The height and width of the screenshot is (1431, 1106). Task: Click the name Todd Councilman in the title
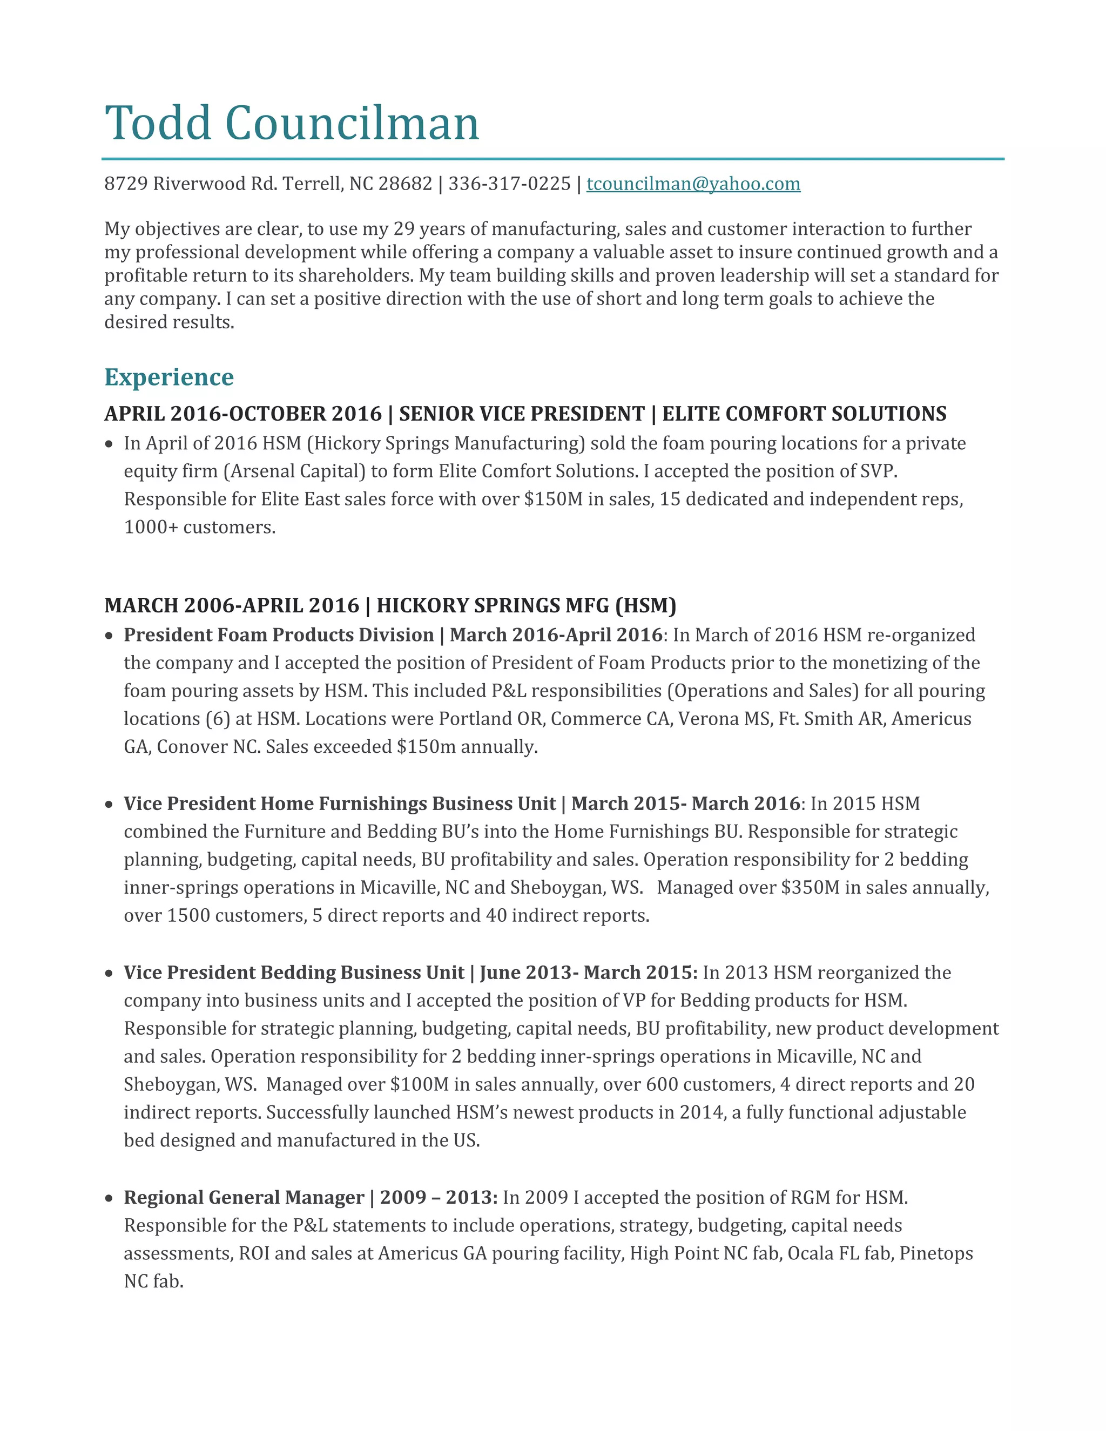[x=292, y=123]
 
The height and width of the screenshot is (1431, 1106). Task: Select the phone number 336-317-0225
[x=509, y=184]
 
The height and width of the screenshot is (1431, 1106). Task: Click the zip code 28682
[x=405, y=184]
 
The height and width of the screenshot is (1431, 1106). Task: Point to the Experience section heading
[x=169, y=377]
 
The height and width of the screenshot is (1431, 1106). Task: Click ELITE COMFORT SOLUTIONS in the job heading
[x=804, y=414]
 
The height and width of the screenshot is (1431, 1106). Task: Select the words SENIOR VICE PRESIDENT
[x=522, y=414]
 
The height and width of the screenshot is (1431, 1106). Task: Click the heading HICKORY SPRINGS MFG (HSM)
[x=526, y=605]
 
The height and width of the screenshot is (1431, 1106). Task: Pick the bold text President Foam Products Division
[x=279, y=635]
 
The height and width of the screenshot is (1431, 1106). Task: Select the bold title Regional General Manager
[x=244, y=1198]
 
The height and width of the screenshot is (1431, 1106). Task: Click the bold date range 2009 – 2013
[x=437, y=1198]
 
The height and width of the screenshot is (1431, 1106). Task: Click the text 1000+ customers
[x=200, y=528]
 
